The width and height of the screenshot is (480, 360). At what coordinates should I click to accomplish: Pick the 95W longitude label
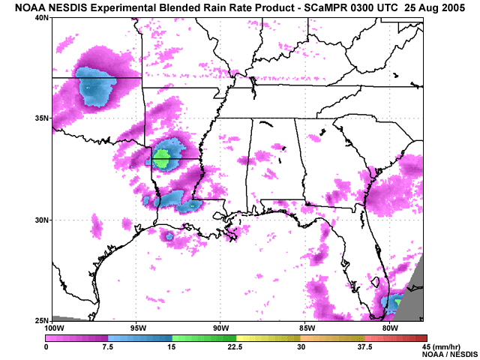(x=136, y=328)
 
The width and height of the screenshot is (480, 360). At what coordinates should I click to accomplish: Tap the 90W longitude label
(x=220, y=328)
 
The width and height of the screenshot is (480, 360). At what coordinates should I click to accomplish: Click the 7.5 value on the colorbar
(x=108, y=346)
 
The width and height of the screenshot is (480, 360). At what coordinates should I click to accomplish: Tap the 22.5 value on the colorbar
(x=235, y=346)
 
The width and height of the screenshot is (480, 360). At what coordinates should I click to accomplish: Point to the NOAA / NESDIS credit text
(x=448, y=354)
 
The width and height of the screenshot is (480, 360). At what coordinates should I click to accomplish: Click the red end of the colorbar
(x=422, y=338)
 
